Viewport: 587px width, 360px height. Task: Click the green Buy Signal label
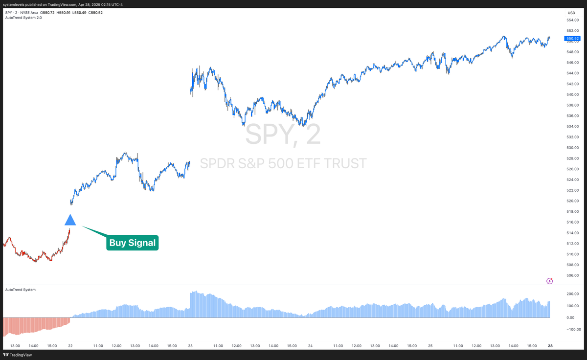pos(133,243)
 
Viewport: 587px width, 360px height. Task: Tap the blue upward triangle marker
pos(70,220)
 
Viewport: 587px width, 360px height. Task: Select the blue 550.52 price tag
pos(572,38)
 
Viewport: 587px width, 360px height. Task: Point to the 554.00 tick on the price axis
pos(573,20)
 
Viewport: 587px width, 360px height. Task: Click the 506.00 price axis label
pos(573,276)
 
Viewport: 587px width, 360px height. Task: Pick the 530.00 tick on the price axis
pos(573,148)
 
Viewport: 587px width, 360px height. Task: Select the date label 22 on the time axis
pos(70,346)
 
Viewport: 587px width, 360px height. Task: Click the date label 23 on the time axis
pos(190,346)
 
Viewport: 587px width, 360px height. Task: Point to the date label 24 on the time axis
pos(310,346)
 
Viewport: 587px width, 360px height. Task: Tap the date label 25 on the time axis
pos(430,346)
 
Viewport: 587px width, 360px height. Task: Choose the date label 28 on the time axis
pos(550,346)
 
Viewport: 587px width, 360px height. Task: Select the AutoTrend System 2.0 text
pos(23,18)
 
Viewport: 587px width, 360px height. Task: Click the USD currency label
pos(571,13)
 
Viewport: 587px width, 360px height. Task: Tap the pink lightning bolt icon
pos(549,281)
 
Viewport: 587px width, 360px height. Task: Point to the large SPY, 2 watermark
pos(283,135)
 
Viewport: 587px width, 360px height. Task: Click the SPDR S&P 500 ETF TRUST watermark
pos(283,163)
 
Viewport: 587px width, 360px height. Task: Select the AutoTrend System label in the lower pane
pos(20,290)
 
